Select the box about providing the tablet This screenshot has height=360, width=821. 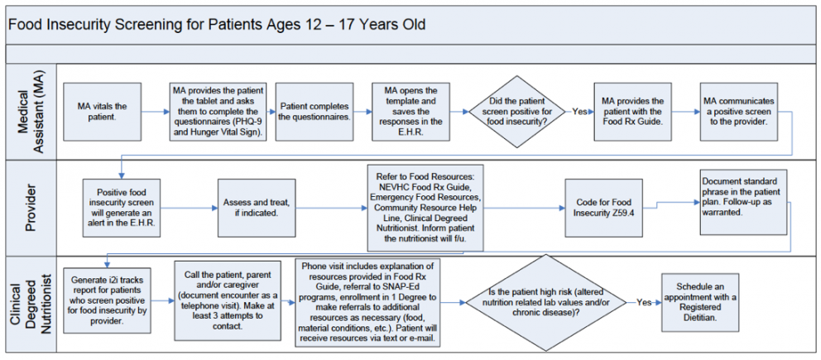pyautogui.click(x=218, y=112)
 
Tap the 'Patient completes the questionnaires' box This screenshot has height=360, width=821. pyautogui.click(x=314, y=112)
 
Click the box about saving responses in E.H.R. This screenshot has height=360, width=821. pyautogui.click(x=411, y=112)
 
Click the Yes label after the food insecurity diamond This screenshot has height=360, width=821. pyautogui.click(x=579, y=111)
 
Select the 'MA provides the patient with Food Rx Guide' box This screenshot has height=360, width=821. pyautogui.click(x=631, y=112)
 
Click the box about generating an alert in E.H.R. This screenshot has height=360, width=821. pyautogui.click(x=122, y=207)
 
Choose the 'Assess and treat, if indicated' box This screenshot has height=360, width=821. pyautogui.click(x=257, y=207)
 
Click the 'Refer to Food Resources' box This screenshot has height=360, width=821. pyautogui.click(x=425, y=207)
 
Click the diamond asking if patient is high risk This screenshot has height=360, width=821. pyautogui.click(x=550, y=302)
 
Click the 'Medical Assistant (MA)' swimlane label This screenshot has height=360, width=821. pyautogui.click(x=28, y=112)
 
